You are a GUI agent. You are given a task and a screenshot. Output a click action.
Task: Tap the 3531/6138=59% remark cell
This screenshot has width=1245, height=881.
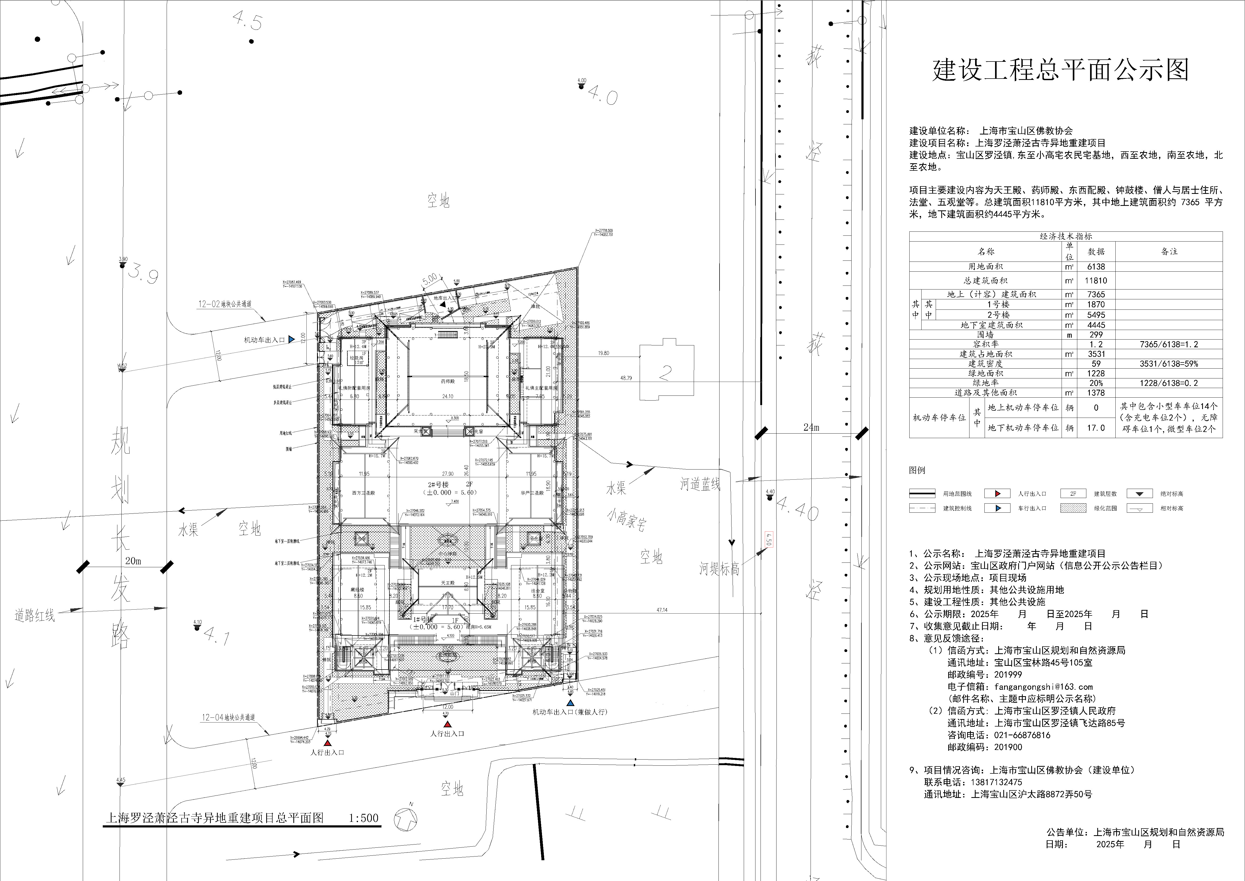[x=1169, y=364]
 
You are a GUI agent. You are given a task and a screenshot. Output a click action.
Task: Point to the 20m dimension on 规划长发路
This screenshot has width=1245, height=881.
[x=133, y=561]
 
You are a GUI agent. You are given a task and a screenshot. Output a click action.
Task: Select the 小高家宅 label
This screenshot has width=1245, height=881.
[x=626, y=520]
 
